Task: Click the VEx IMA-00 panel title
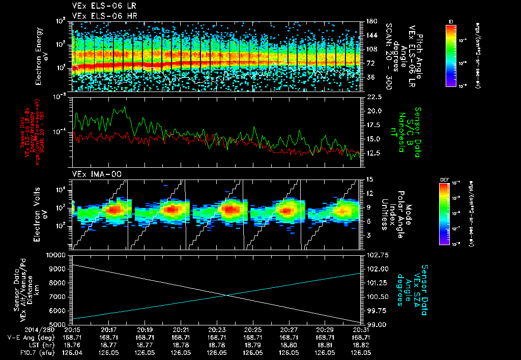click(x=93, y=174)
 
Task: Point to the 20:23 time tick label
click(x=217, y=329)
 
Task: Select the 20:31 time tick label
click(x=361, y=329)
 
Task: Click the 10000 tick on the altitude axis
click(x=57, y=255)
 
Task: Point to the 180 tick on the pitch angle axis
click(x=370, y=21)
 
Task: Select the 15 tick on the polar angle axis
click(x=369, y=179)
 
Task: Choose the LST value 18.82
click(x=361, y=344)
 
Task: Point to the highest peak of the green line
click(x=124, y=107)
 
